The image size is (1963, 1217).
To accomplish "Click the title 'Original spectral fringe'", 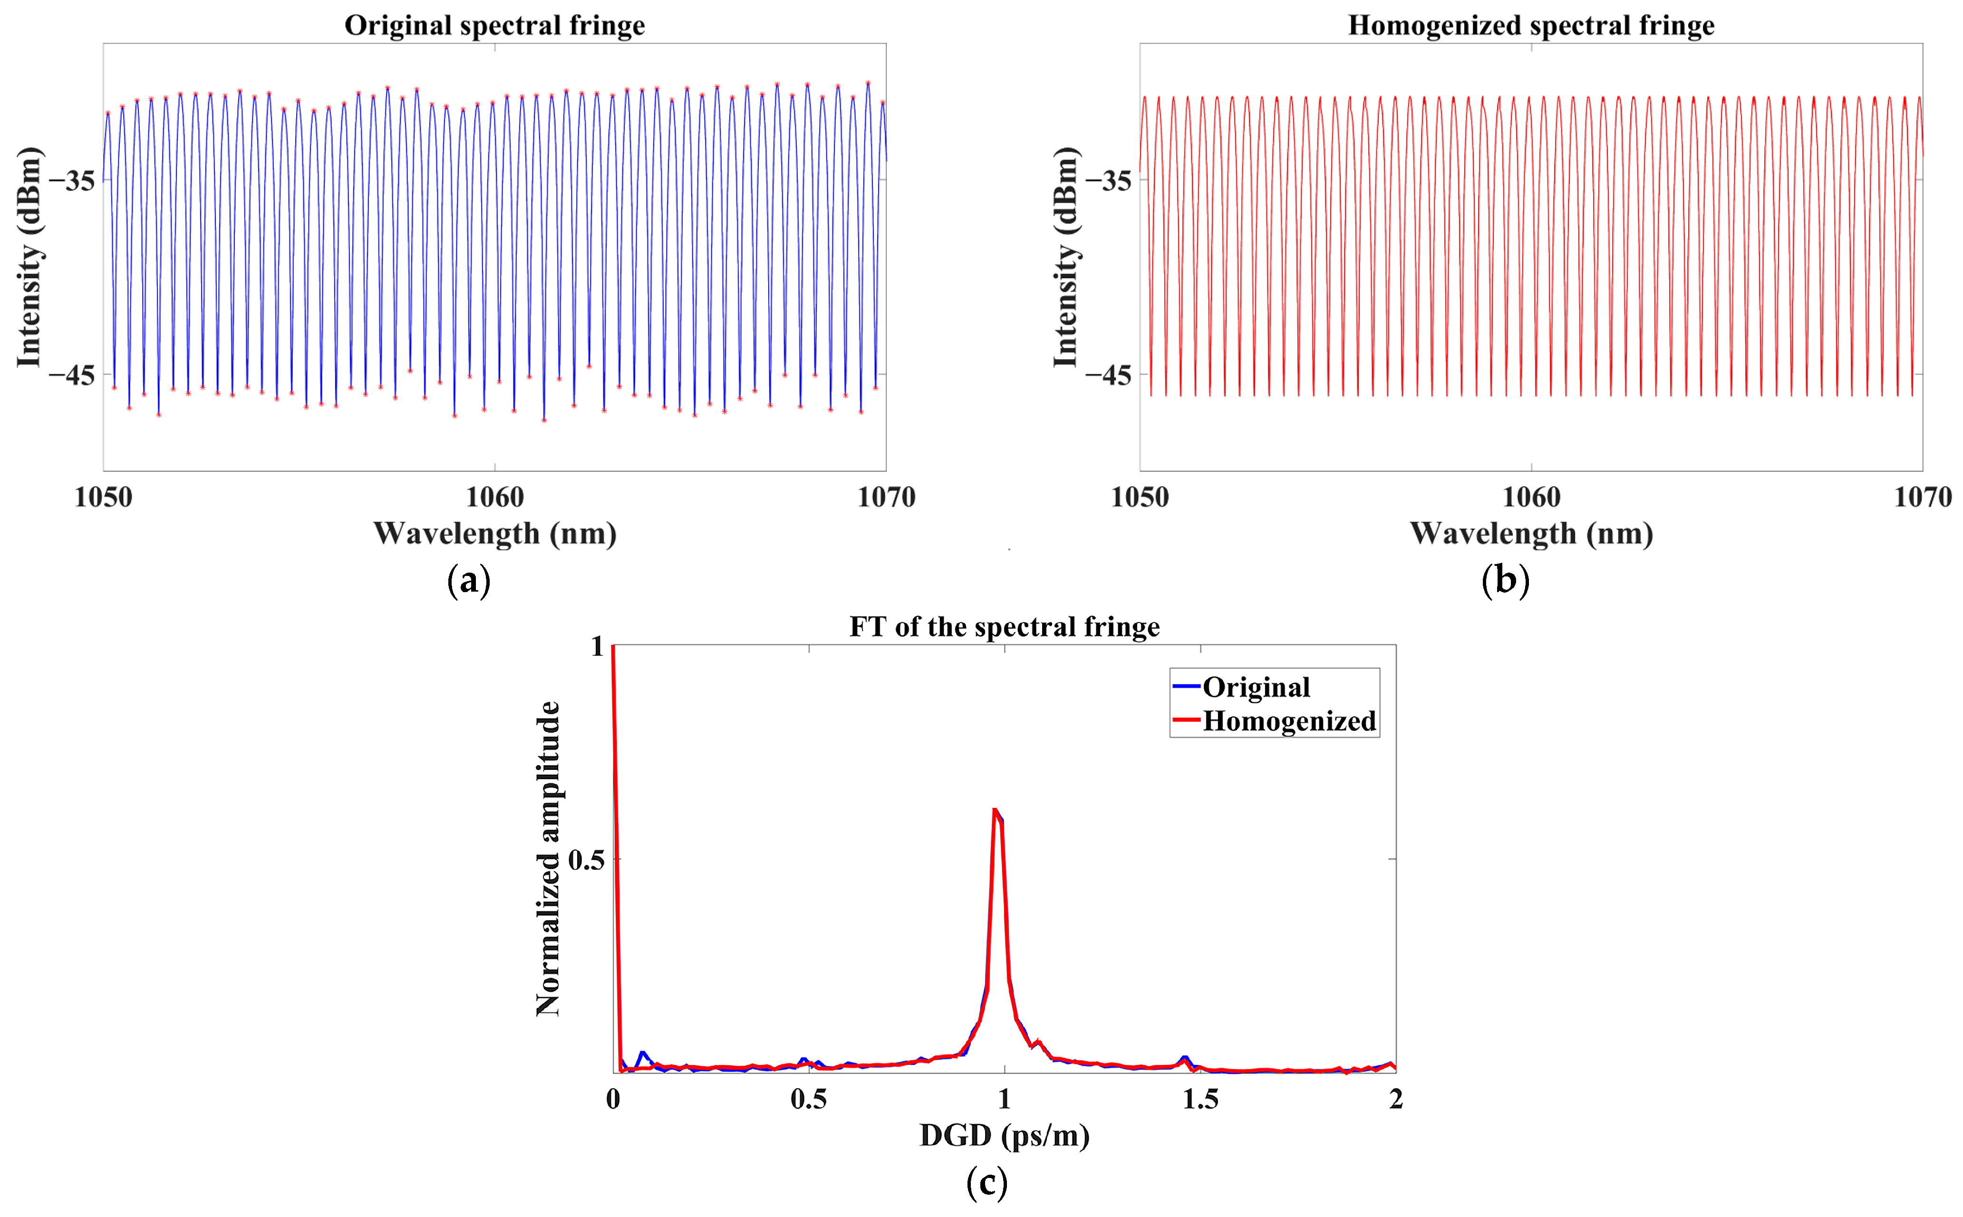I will [x=494, y=25].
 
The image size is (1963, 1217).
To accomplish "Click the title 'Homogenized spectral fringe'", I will [x=1531, y=25].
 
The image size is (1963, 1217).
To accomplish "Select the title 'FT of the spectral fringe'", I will [x=1004, y=626].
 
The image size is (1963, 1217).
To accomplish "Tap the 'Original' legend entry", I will [x=1256, y=687].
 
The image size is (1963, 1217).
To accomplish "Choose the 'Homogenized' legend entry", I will [x=1288, y=721].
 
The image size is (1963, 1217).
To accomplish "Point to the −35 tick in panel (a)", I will [x=72, y=180].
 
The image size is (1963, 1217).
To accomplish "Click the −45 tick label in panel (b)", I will [x=1109, y=375].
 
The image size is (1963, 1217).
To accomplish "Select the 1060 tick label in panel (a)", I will [x=494, y=498].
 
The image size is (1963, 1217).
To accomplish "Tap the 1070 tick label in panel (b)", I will [x=1922, y=498].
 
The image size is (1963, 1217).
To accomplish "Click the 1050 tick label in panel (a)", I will [x=103, y=498].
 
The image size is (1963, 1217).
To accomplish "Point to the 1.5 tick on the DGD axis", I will [x=1199, y=1100].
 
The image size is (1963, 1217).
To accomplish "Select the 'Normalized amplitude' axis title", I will [x=548, y=858].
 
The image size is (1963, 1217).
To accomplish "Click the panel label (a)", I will [x=469, y=580].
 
